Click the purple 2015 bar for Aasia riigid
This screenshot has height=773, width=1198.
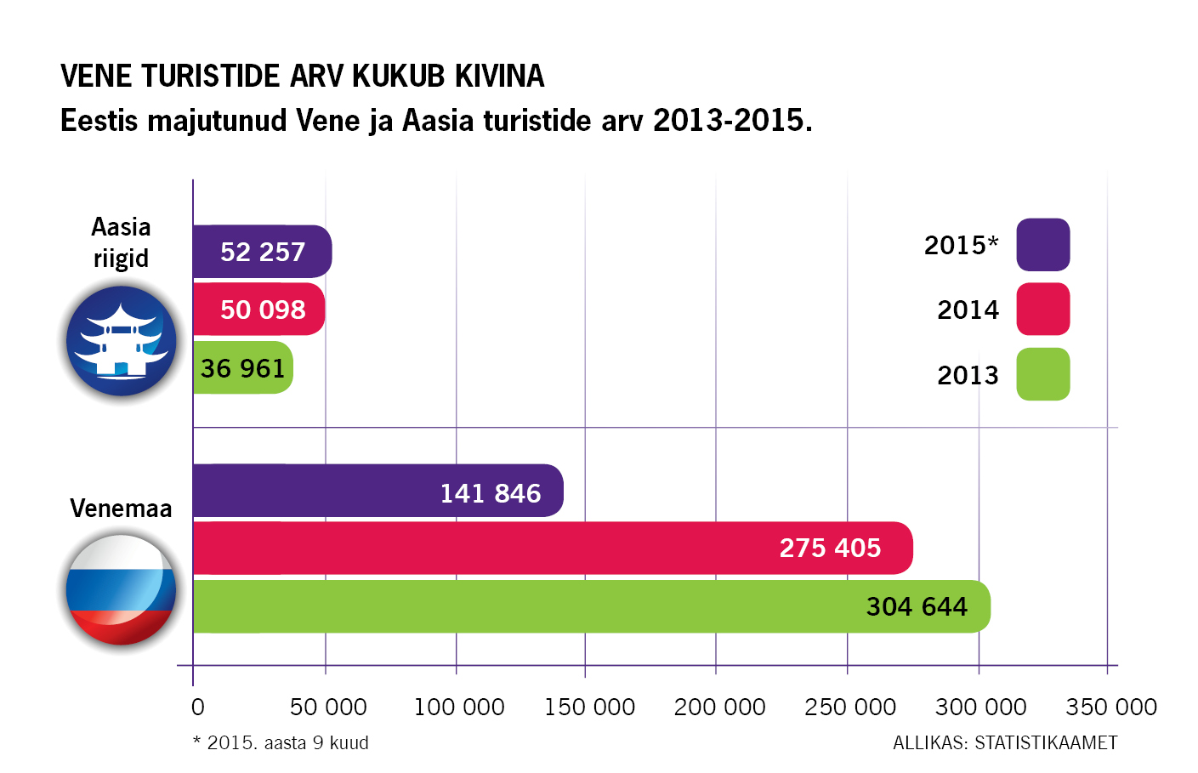coord(262,252)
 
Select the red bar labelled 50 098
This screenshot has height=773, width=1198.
coord(258,310)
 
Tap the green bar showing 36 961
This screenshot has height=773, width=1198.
coord(242,368)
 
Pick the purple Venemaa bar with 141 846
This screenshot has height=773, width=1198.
coord(378,492)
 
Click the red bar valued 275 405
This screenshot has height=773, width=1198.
coord(553,548)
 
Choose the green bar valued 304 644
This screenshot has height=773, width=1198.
coord(591,606)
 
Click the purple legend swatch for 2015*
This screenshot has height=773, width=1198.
coord(1042,245)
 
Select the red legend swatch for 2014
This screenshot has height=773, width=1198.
coord(1042,310)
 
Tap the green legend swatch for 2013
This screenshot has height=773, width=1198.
coord(1042,374)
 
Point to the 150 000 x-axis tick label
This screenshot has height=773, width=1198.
coord(589,708)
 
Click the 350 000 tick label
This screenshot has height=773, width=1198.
coord(1111,708)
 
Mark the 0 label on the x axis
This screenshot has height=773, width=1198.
coord(197,708)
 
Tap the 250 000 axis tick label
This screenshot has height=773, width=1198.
coord(850,708)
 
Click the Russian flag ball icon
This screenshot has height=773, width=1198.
coord(121,589)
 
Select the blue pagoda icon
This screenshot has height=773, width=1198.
coord(121,341)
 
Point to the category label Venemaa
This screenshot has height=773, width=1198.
coord(121,509)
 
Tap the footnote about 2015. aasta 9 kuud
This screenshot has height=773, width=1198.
coord(281,743)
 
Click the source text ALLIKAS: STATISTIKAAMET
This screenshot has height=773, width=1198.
coord(1005,743)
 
